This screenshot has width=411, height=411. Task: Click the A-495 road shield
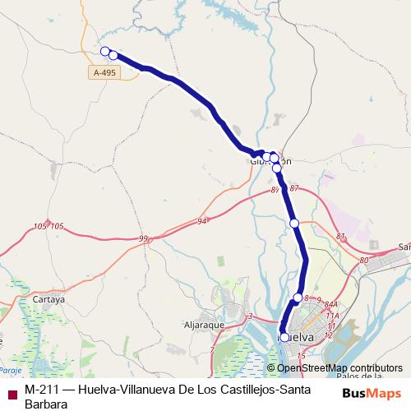(x=104, y=72)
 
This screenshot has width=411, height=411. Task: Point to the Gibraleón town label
(x=270, y=162)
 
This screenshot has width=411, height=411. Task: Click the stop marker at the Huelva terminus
(x=284, y=337)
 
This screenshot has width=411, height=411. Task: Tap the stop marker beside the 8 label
(x=298, y=298)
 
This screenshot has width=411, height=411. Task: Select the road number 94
(x=202, y=221)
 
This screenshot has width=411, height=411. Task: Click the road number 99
(x=144, y=238)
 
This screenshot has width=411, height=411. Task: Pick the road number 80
(x=364, y=261)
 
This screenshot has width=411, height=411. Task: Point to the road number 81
(x=341, y=237)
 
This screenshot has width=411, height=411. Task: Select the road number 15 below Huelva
(x=302, y=355)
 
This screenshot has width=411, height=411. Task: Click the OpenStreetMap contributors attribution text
(x=340, y=368)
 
